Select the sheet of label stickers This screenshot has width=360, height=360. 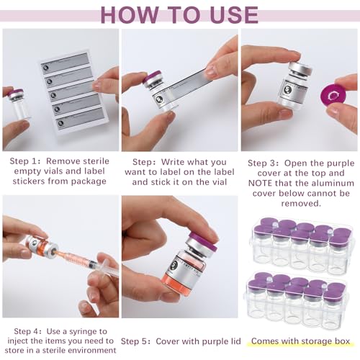click(x=71, y=93)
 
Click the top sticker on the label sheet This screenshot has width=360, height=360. click(x=64, y=62)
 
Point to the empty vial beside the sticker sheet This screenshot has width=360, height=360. click(x=18, y=104)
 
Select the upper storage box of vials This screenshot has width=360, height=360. click(x=302, y=246)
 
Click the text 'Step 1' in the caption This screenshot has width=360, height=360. click(x=22, y=161)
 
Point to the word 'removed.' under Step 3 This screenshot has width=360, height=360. click(x=301, y=204)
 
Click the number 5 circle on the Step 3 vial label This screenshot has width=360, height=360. click(x=287, y=90)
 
